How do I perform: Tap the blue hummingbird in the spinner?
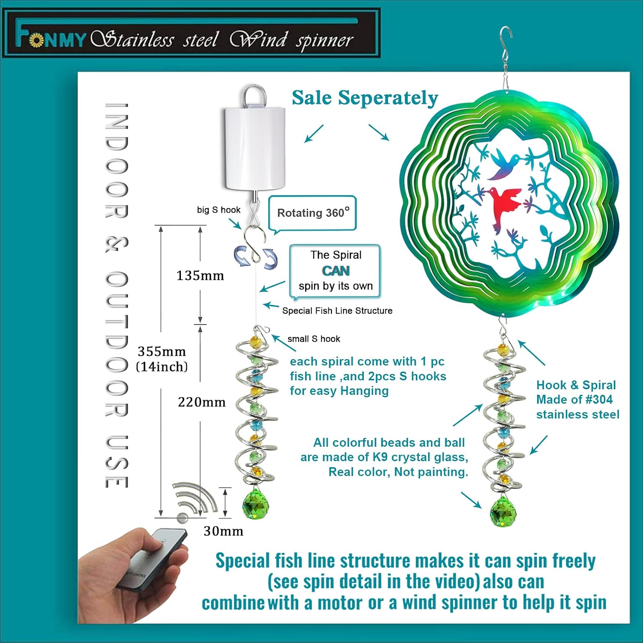(503, 164)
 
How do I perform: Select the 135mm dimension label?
(200, 275)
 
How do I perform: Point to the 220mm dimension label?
(201, 402)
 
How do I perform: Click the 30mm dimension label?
(223, 531)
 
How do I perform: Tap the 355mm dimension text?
(162, 352)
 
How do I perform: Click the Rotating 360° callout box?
(312, 213)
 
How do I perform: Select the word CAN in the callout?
(336, 271)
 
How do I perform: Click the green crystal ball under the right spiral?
(503, 510)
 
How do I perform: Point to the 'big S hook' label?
(219, 210)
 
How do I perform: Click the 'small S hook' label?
(314, 339)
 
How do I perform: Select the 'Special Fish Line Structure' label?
(337, 310)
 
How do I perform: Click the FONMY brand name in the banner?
(51, 38)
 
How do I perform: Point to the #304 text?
(599, 400)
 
